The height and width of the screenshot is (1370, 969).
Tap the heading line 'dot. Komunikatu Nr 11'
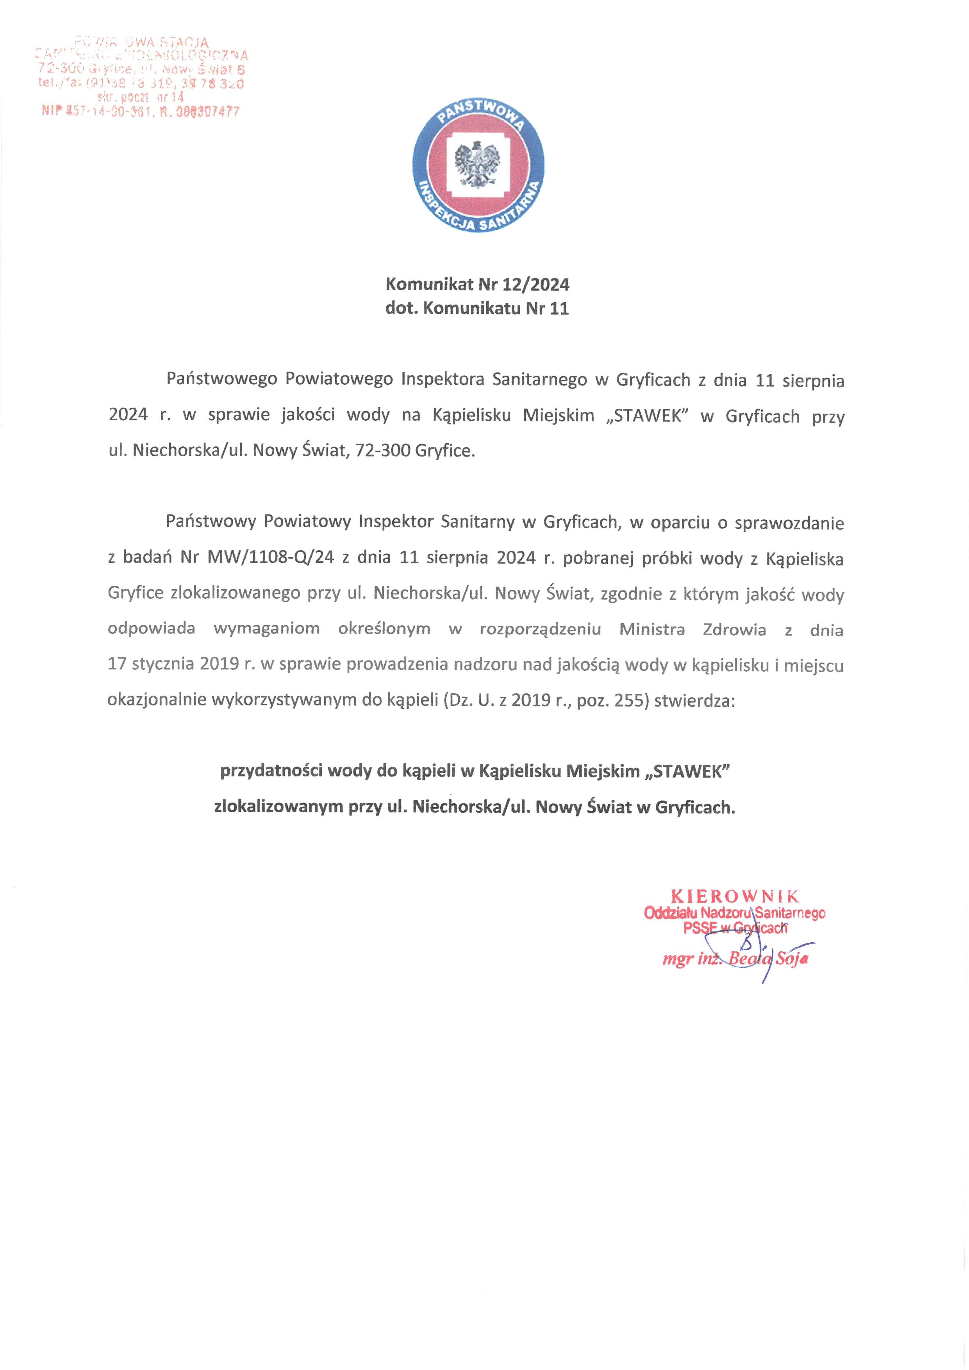click(x=477, y=309)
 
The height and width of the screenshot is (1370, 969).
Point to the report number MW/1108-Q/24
click(x=271, y=558)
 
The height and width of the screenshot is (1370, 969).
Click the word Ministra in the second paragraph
click(x=652, y=629)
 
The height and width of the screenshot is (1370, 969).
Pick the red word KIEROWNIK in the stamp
click(x=735, y=895)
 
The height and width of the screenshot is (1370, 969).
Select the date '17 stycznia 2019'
click(x=174, y=664)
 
